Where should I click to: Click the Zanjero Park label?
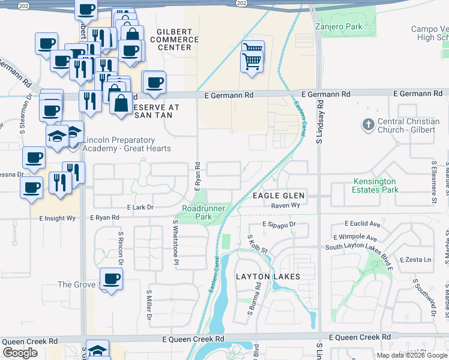coord(339,27)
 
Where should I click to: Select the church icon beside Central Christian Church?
coord(368,125)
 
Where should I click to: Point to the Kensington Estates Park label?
coord(375,185)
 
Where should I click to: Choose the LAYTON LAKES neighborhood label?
coord(267,277)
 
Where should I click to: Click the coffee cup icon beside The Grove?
coord(111,279)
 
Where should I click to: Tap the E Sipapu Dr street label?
coord(279,224)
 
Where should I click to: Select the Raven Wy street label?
coord(285,205)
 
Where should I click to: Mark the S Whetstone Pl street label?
coord(175,242)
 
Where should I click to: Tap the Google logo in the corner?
coord(20,353)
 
